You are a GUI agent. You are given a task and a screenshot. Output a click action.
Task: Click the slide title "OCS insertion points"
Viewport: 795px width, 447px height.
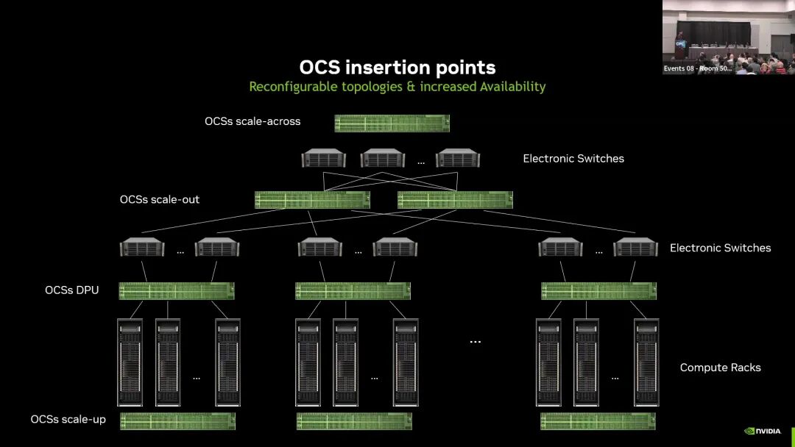pyautogui.click(x=397, y=67)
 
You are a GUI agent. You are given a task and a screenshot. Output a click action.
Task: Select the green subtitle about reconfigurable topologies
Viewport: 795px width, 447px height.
pyautogui.click(x=397, y=87)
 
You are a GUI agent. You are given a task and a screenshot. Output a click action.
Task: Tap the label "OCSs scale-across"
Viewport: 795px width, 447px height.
pyautogui.click(x=252, y=121)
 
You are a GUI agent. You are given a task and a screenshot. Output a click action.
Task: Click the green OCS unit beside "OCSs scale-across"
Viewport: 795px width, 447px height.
pyautogui.click(x=392, y=123)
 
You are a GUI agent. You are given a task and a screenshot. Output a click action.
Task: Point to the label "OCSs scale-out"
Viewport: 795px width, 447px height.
pyautogui.click(x=160, y=199)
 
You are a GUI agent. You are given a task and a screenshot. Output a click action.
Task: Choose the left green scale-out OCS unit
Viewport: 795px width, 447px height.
pyautogui.click(x=312, y=200)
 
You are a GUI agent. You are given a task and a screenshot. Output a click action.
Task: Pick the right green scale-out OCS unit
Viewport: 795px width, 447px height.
pyautogui.click(x=455, y=200)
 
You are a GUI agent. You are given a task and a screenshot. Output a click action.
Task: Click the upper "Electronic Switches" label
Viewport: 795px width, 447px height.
pyautogui.click(x=573, y=158)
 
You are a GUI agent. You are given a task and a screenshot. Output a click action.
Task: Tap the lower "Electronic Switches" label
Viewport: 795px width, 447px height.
pyautogui.click(x=720, y=248)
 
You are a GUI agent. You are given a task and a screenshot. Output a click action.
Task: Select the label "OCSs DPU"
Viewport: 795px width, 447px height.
pyautogui.click(x=71, y=290)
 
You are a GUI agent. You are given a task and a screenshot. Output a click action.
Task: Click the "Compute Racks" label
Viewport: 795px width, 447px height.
pyautogui.click(x=720, y=368)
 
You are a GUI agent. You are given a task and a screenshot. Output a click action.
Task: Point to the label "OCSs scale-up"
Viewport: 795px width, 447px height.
pyautogui.click(x=68, y=419)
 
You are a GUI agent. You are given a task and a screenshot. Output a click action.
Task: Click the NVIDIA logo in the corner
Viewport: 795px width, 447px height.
pyautogui.click(x=763, y=431)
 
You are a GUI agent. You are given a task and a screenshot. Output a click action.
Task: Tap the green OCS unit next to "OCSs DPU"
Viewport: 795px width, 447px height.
pyautogui.click(x=177, y=291)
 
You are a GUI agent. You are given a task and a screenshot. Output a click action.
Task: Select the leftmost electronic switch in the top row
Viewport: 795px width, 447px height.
pyautogui.click(x=323, y=158)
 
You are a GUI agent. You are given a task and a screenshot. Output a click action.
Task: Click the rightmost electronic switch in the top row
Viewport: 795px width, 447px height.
pyautogui.click(x=457, y=158)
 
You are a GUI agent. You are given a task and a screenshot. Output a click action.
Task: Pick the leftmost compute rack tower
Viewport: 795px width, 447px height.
pyautogui.click(x=130, y=362)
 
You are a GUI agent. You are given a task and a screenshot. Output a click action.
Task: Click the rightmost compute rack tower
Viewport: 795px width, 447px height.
pyautogui.click(x=646, y=362)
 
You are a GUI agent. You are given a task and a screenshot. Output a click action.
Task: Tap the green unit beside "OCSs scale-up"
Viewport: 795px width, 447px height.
pyautogui.click(x=177, y=421)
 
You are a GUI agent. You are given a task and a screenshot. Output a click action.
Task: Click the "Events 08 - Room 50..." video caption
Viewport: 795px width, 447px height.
pyautogui.click(x=697, y=68)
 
